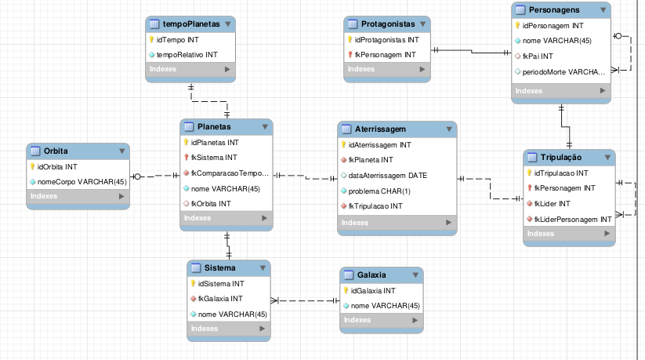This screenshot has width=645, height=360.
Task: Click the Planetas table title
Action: click(214, 126)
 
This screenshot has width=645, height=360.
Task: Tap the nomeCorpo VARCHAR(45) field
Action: click(82, 181)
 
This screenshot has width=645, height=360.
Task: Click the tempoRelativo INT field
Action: click(187, 54)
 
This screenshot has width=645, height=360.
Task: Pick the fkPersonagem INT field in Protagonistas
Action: click(385, 54)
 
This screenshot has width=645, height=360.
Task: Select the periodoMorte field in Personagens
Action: click(564, 71)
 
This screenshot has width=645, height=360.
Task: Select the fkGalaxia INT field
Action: click(219, 298)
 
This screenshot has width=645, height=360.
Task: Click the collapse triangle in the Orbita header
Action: click(122, 151)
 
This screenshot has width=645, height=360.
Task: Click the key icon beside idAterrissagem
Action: click(344, 144)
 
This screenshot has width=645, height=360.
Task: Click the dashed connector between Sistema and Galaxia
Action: click(306, 300)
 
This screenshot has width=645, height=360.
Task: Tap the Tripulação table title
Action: click(560, 158)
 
